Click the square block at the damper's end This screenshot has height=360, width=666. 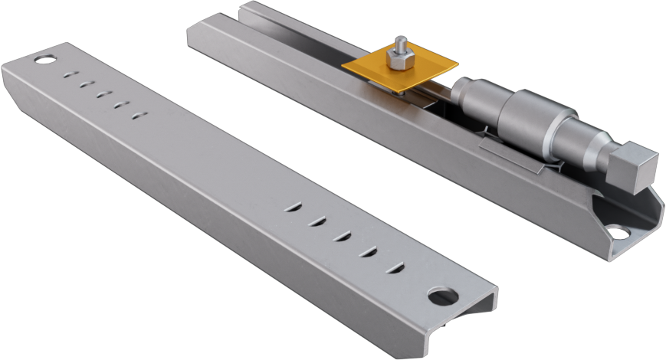[x=635, y=168]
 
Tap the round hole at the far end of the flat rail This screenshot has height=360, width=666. [x=44, y=58]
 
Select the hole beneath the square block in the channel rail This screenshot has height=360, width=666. [x=617, y=231]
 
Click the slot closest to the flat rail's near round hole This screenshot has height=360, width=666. [x=395, y=267]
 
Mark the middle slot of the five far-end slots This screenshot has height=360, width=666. [x=103, y=94]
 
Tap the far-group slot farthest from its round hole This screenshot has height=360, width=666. [x=138, y=116]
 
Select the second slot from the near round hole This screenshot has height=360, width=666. [x=369, y=251]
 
